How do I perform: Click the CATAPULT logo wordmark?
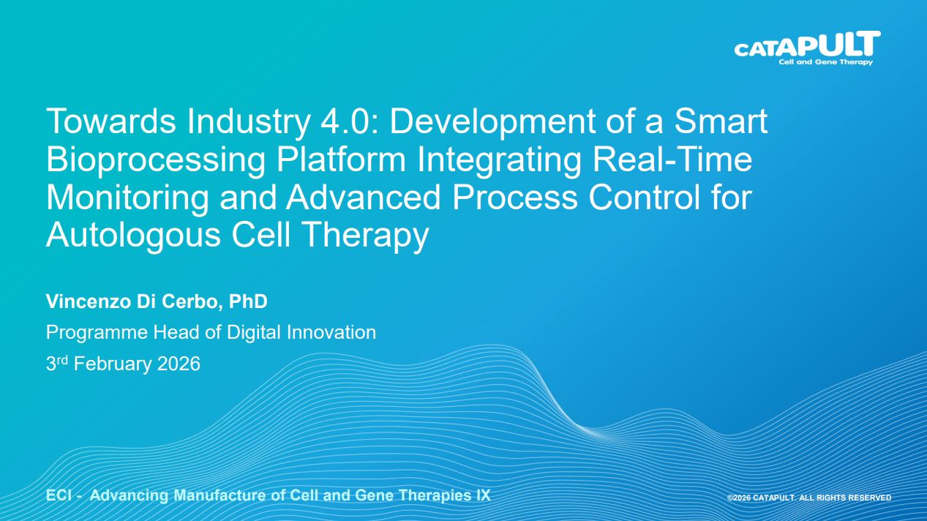point(808,44)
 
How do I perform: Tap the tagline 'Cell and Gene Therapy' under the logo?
point(825,62)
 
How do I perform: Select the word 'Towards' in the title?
point(111,121)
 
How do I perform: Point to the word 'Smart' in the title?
point(721,121)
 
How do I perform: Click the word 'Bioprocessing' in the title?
point(156,160)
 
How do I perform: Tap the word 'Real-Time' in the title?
point(672,159)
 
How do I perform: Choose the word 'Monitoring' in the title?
point(127,198)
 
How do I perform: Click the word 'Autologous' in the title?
point(133,236)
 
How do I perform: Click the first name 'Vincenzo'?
point(88,301)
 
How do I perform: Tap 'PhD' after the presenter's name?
point(248,301)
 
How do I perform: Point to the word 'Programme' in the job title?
point(97,333)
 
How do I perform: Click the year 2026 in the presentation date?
point(179,364)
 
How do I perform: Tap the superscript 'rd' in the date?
point(62,359)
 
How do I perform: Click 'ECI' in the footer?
point(59,495)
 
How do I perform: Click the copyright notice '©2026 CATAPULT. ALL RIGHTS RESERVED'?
point(809,498)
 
